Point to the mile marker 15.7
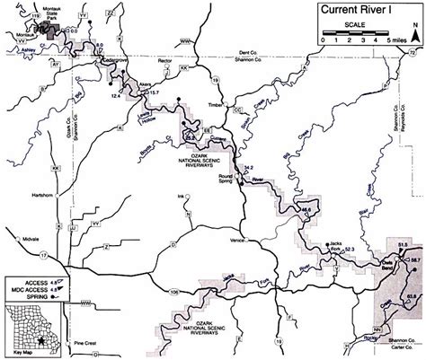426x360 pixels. coord(155,93)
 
